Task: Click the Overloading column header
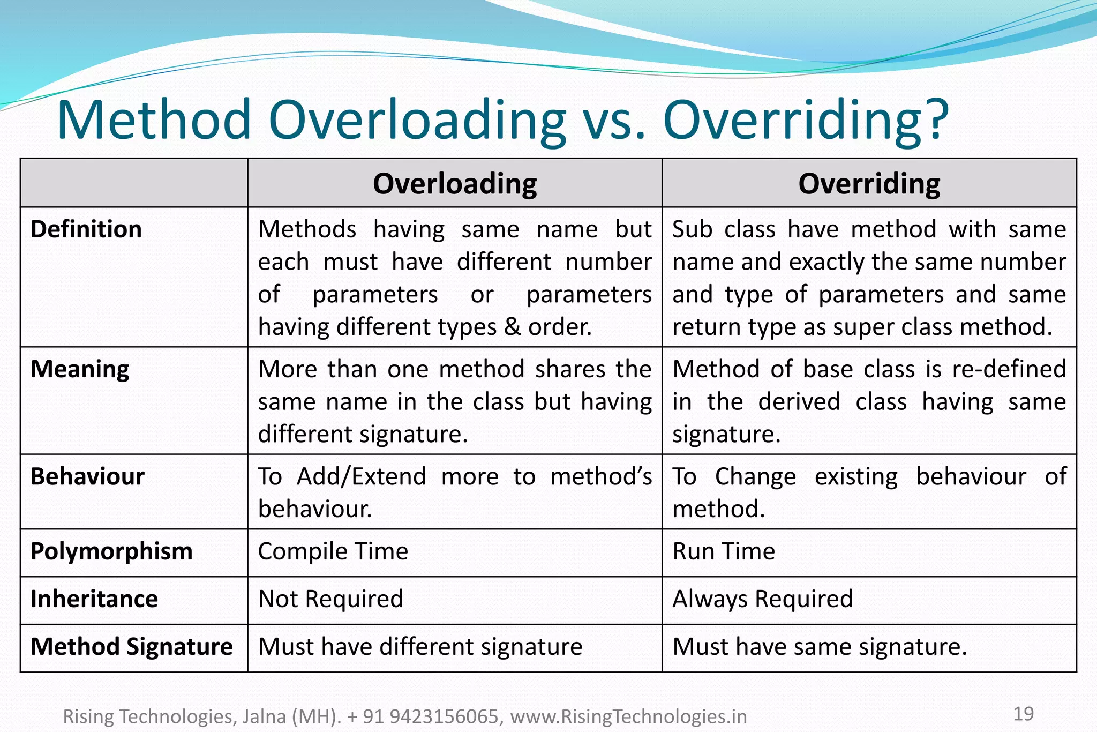click(x=455, y=184)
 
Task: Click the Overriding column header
click(x=869, y=184)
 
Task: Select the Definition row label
click(x=86, y=229)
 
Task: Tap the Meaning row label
click(x=80, y=369)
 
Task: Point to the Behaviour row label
click(x=87, y=476)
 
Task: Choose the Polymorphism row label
click(x=111, y=551)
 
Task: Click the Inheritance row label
click(x=94, y=599)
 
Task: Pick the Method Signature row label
click(x=132, y=647)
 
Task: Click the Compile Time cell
click(x=333, y=551)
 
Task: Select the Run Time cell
click(x=723, y=551)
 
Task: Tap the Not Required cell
click(x=330, y=599)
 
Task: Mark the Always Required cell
click(x=762, y=599)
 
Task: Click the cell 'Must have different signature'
click(x=420, y=647)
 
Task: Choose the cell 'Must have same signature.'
click(x=820, y=647)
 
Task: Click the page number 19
click(x=1023, y=714)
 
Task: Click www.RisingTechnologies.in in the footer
click(x=628, y=716)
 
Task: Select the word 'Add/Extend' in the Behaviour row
click(x=362, y=476)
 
